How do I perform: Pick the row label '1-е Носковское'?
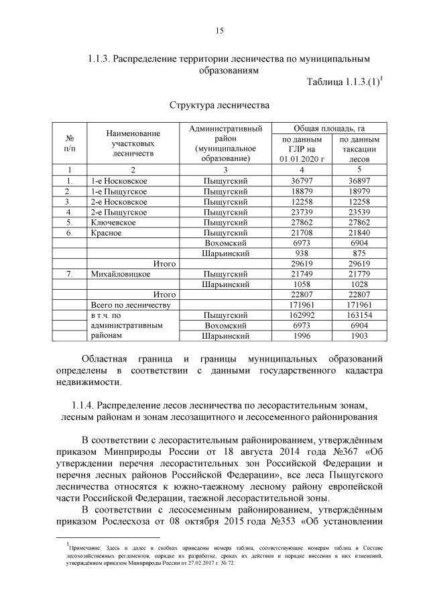[118, 181]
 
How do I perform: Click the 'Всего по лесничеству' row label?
[127, 305]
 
